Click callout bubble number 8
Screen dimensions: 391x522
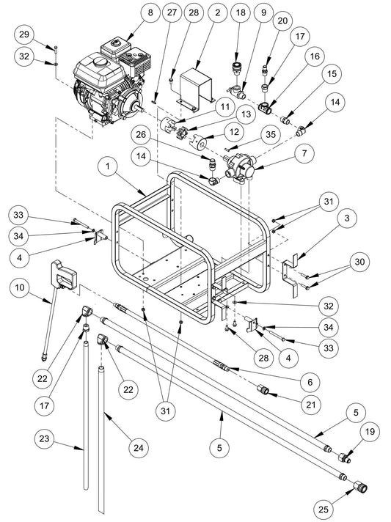point(150,13)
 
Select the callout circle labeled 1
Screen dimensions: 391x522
point(108,166)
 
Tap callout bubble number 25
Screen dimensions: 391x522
point(323,509)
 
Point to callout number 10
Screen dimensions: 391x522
point(20,287)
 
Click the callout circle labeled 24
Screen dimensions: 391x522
point(139,448)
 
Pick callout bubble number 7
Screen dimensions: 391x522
point(304,153)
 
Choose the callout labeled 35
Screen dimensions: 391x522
point(271,134)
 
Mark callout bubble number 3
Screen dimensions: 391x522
point(347,218)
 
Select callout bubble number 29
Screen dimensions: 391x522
point(24,34)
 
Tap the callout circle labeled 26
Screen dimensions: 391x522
point(141,134)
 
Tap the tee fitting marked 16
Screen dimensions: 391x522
point(266,107)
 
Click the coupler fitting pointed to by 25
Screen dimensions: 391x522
point(360,488)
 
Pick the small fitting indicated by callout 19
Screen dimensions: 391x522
point(344,458)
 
